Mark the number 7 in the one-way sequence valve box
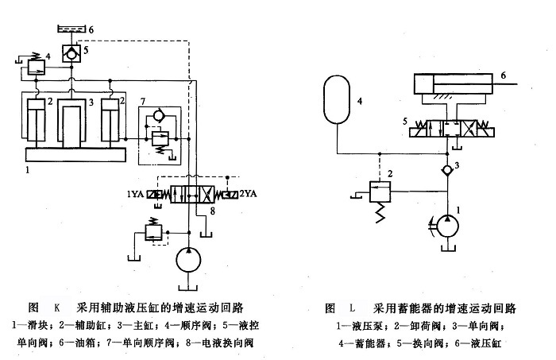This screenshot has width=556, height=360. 143,102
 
